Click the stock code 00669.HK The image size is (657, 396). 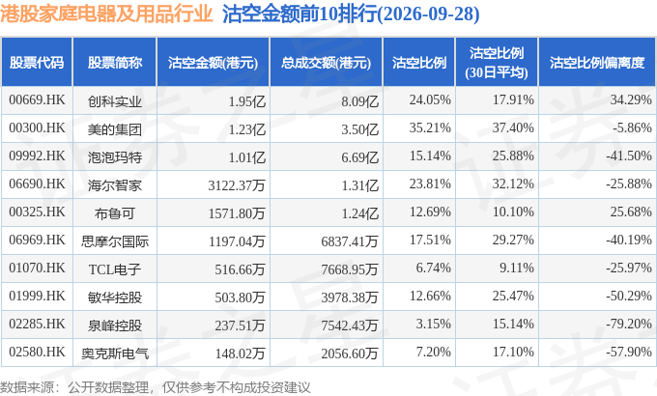[37, 99]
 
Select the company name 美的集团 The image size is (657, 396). [114, 129]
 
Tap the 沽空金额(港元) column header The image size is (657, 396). [213, 63]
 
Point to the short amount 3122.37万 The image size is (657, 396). [237, 184]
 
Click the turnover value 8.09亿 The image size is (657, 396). [359, 101]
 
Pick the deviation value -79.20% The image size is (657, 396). [629, 324]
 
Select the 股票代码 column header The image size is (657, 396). [37, 63]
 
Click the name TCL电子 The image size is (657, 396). [114, 269]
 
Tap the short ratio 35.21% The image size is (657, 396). [430, 127]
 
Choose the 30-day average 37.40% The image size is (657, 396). [513, 127]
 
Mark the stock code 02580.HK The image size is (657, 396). [37, 352]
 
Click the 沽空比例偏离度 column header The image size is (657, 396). [597, 63]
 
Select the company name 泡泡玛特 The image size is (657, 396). [114, 157]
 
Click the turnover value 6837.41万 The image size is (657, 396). [350, 240]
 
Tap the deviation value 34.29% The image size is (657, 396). [631, 99]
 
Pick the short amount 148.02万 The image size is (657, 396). [240, 354]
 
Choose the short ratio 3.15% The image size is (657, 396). [433, 324]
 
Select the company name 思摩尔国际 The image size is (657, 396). [114, 241]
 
